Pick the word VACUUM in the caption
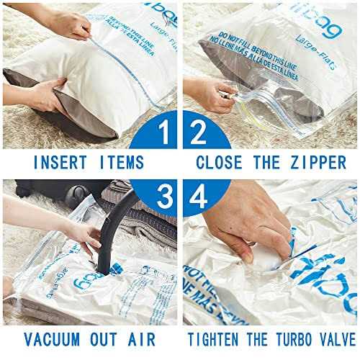[50, 338]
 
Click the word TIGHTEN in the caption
[221, 338]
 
